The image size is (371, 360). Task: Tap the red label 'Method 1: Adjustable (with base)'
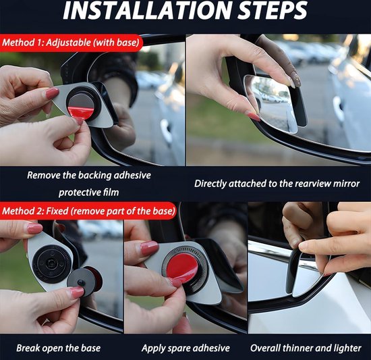(72, 43)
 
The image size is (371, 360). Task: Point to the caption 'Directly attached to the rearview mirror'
(277, 183)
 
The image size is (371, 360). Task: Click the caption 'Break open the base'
(59, 349)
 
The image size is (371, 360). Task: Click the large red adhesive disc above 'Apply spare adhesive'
(181, 268)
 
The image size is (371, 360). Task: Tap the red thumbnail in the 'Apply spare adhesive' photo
(150, 249)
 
